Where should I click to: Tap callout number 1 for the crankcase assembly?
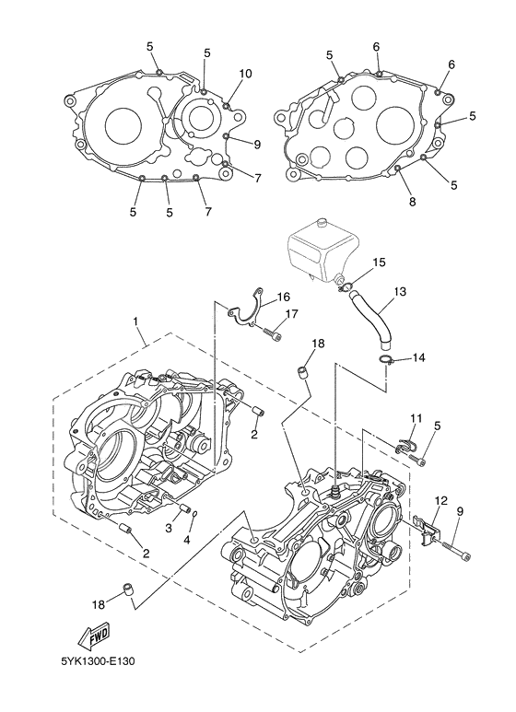pyautogui.click(x=135, y=321)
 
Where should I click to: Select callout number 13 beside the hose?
pyautogui.click(x=400, y=291)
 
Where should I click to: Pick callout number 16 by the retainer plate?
pyautogui.click(x=283, y=297)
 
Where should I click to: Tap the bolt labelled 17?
pyautogui.click(x=272, y=333)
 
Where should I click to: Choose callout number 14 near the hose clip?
pyautogui.click(x=419, y=357)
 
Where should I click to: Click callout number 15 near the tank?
pyautogui.click(x=380, y=262)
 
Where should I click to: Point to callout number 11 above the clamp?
pyautogui.click(x=416, y=417)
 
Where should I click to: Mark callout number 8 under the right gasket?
pyautogui.click(x=413, y=202)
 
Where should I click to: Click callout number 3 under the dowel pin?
pyautogui.click(x=169, y=528)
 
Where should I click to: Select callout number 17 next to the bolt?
pyautogui.click(x=291, y=314)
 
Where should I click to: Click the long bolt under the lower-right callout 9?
pyautogui.click(x=454, y=549)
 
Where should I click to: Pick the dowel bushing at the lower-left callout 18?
pyautogui.click(x=129, y=589)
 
